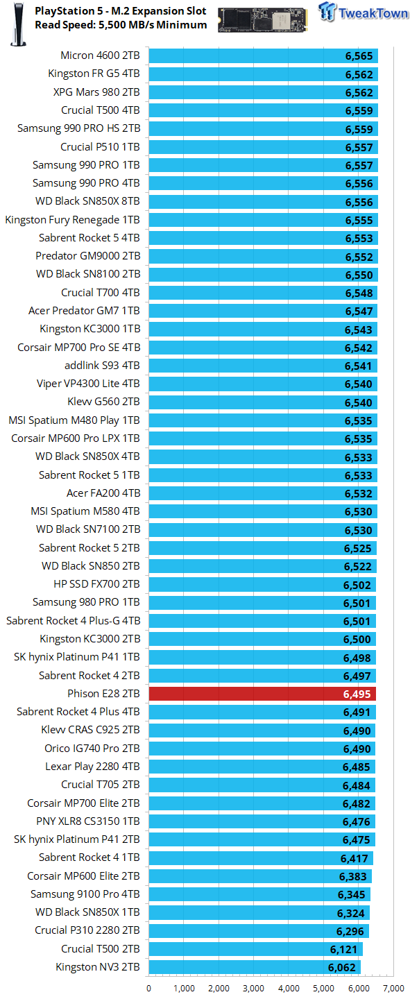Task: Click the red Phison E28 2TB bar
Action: click(x=262, y=694)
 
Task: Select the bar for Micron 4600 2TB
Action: click(x=264, y=55)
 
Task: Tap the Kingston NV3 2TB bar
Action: click(x=255, y=967)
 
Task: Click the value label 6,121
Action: click(x=343, y=950)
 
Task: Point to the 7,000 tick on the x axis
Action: click(x=394, y=989)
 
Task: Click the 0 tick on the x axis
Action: click(x=148, y=989)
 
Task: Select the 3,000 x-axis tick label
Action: click(x=253, y=989)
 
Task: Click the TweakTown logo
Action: click(x=363, y=12)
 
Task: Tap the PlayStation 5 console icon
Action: click(x=18, y=24)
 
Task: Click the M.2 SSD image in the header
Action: click(x=262, y=20)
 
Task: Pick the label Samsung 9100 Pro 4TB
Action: click(x=85, y=894)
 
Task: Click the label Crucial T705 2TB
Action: click(x=101, y=785)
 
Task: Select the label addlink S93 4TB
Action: click(x=102, y=366)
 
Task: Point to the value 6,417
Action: click(x=355, y=859)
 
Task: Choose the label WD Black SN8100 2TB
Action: click(x=88, y=274)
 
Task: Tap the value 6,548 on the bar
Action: click(x=359, y=293)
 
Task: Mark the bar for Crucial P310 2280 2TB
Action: click(x=259, y=931)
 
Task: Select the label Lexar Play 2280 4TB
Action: click(x=92, y=767)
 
